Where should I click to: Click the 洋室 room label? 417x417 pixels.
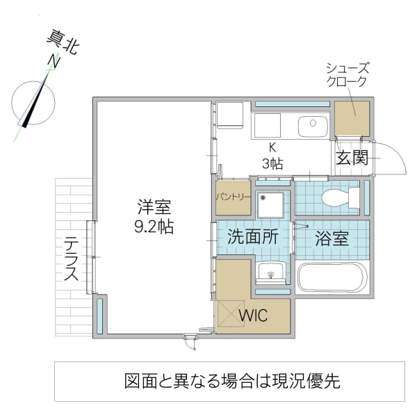point(154,206)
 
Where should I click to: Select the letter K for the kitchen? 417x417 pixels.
point(272,147)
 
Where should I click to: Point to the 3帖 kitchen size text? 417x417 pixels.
point(272,164)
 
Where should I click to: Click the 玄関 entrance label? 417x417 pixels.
point(352,157)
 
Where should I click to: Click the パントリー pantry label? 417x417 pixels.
point(232,197)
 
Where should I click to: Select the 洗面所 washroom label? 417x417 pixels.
point(253,236)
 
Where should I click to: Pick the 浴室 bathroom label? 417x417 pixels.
point(330,237)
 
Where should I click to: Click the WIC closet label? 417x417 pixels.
point(254,316)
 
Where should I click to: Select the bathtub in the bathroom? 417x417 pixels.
point(331,279)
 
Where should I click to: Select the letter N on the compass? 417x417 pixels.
point(51,62)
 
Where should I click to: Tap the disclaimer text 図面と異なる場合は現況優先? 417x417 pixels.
point(232,381)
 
